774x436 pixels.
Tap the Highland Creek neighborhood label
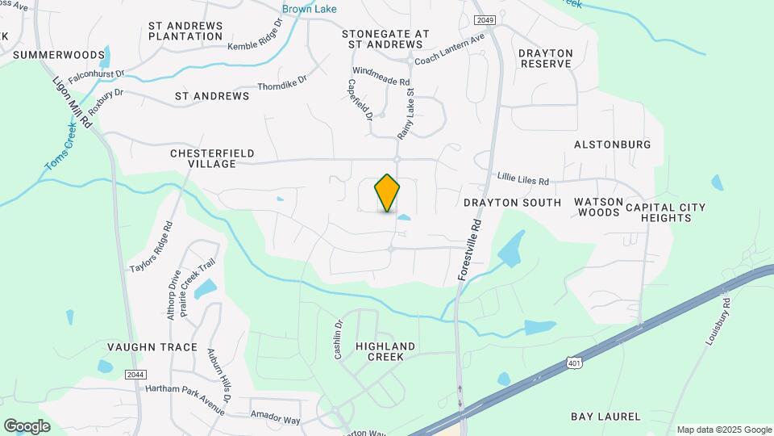pos(385,351)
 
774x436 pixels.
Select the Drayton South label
pos(512,203)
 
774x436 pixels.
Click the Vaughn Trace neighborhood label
pos(152,347)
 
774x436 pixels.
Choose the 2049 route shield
pos(484,19)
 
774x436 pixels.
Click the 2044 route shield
pos(136,374)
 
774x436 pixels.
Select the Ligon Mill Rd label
pos(73,104)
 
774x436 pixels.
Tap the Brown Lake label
pos(309,10)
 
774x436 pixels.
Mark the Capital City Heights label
pos(664,212)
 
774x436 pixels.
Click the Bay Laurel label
pos(605,417)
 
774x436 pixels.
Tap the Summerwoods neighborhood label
pos(59,55)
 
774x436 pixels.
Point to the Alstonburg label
pos(612,145)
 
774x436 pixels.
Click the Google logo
pos(27,426)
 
